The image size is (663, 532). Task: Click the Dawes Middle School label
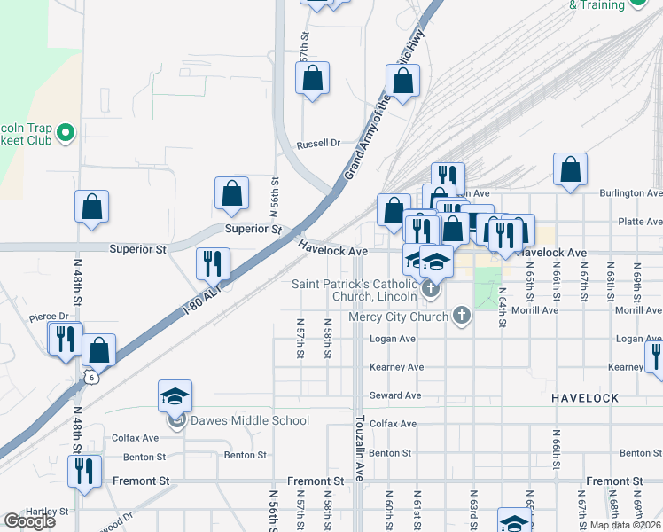(232, 420)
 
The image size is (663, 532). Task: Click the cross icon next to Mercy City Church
(461, 316)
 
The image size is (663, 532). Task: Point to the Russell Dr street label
(319, 143)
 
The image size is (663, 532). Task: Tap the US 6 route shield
(91, 376)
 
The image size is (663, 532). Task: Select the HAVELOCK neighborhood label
(584, 398)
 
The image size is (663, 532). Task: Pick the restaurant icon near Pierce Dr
(65, 338)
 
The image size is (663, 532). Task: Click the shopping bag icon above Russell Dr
(312, 79)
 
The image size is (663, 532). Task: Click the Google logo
(29, 521)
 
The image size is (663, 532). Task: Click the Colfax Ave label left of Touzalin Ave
(135, 438)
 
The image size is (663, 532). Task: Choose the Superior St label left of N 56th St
(137, 250)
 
